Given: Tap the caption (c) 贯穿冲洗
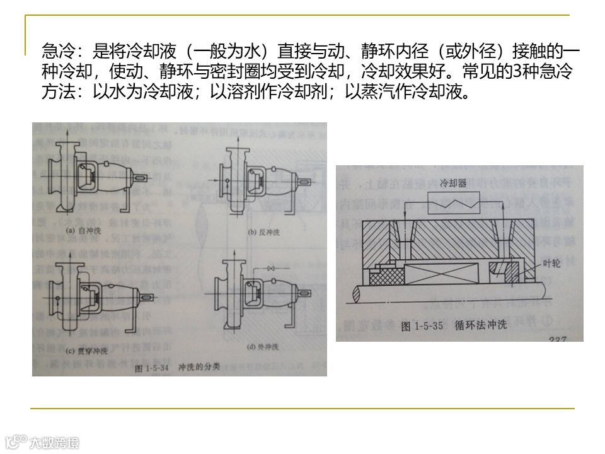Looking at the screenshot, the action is coord(81,350).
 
